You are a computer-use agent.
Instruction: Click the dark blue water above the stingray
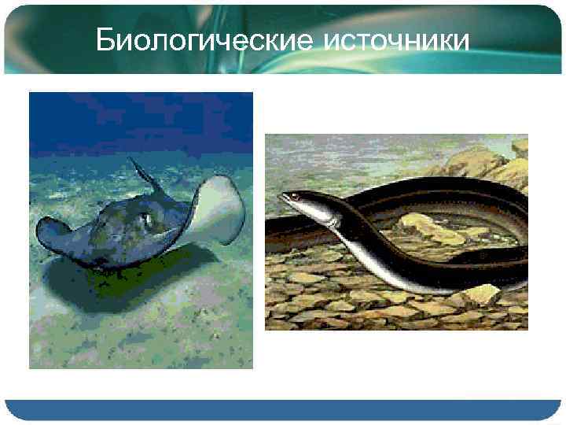click(x=141, y=118)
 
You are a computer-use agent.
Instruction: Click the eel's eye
click(x=295, y=196)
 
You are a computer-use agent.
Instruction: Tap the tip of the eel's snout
click(x=281, y=198)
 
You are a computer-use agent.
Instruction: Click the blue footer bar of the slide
click(x=283, y=409)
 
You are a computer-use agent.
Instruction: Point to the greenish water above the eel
click(x=354, y=153)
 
